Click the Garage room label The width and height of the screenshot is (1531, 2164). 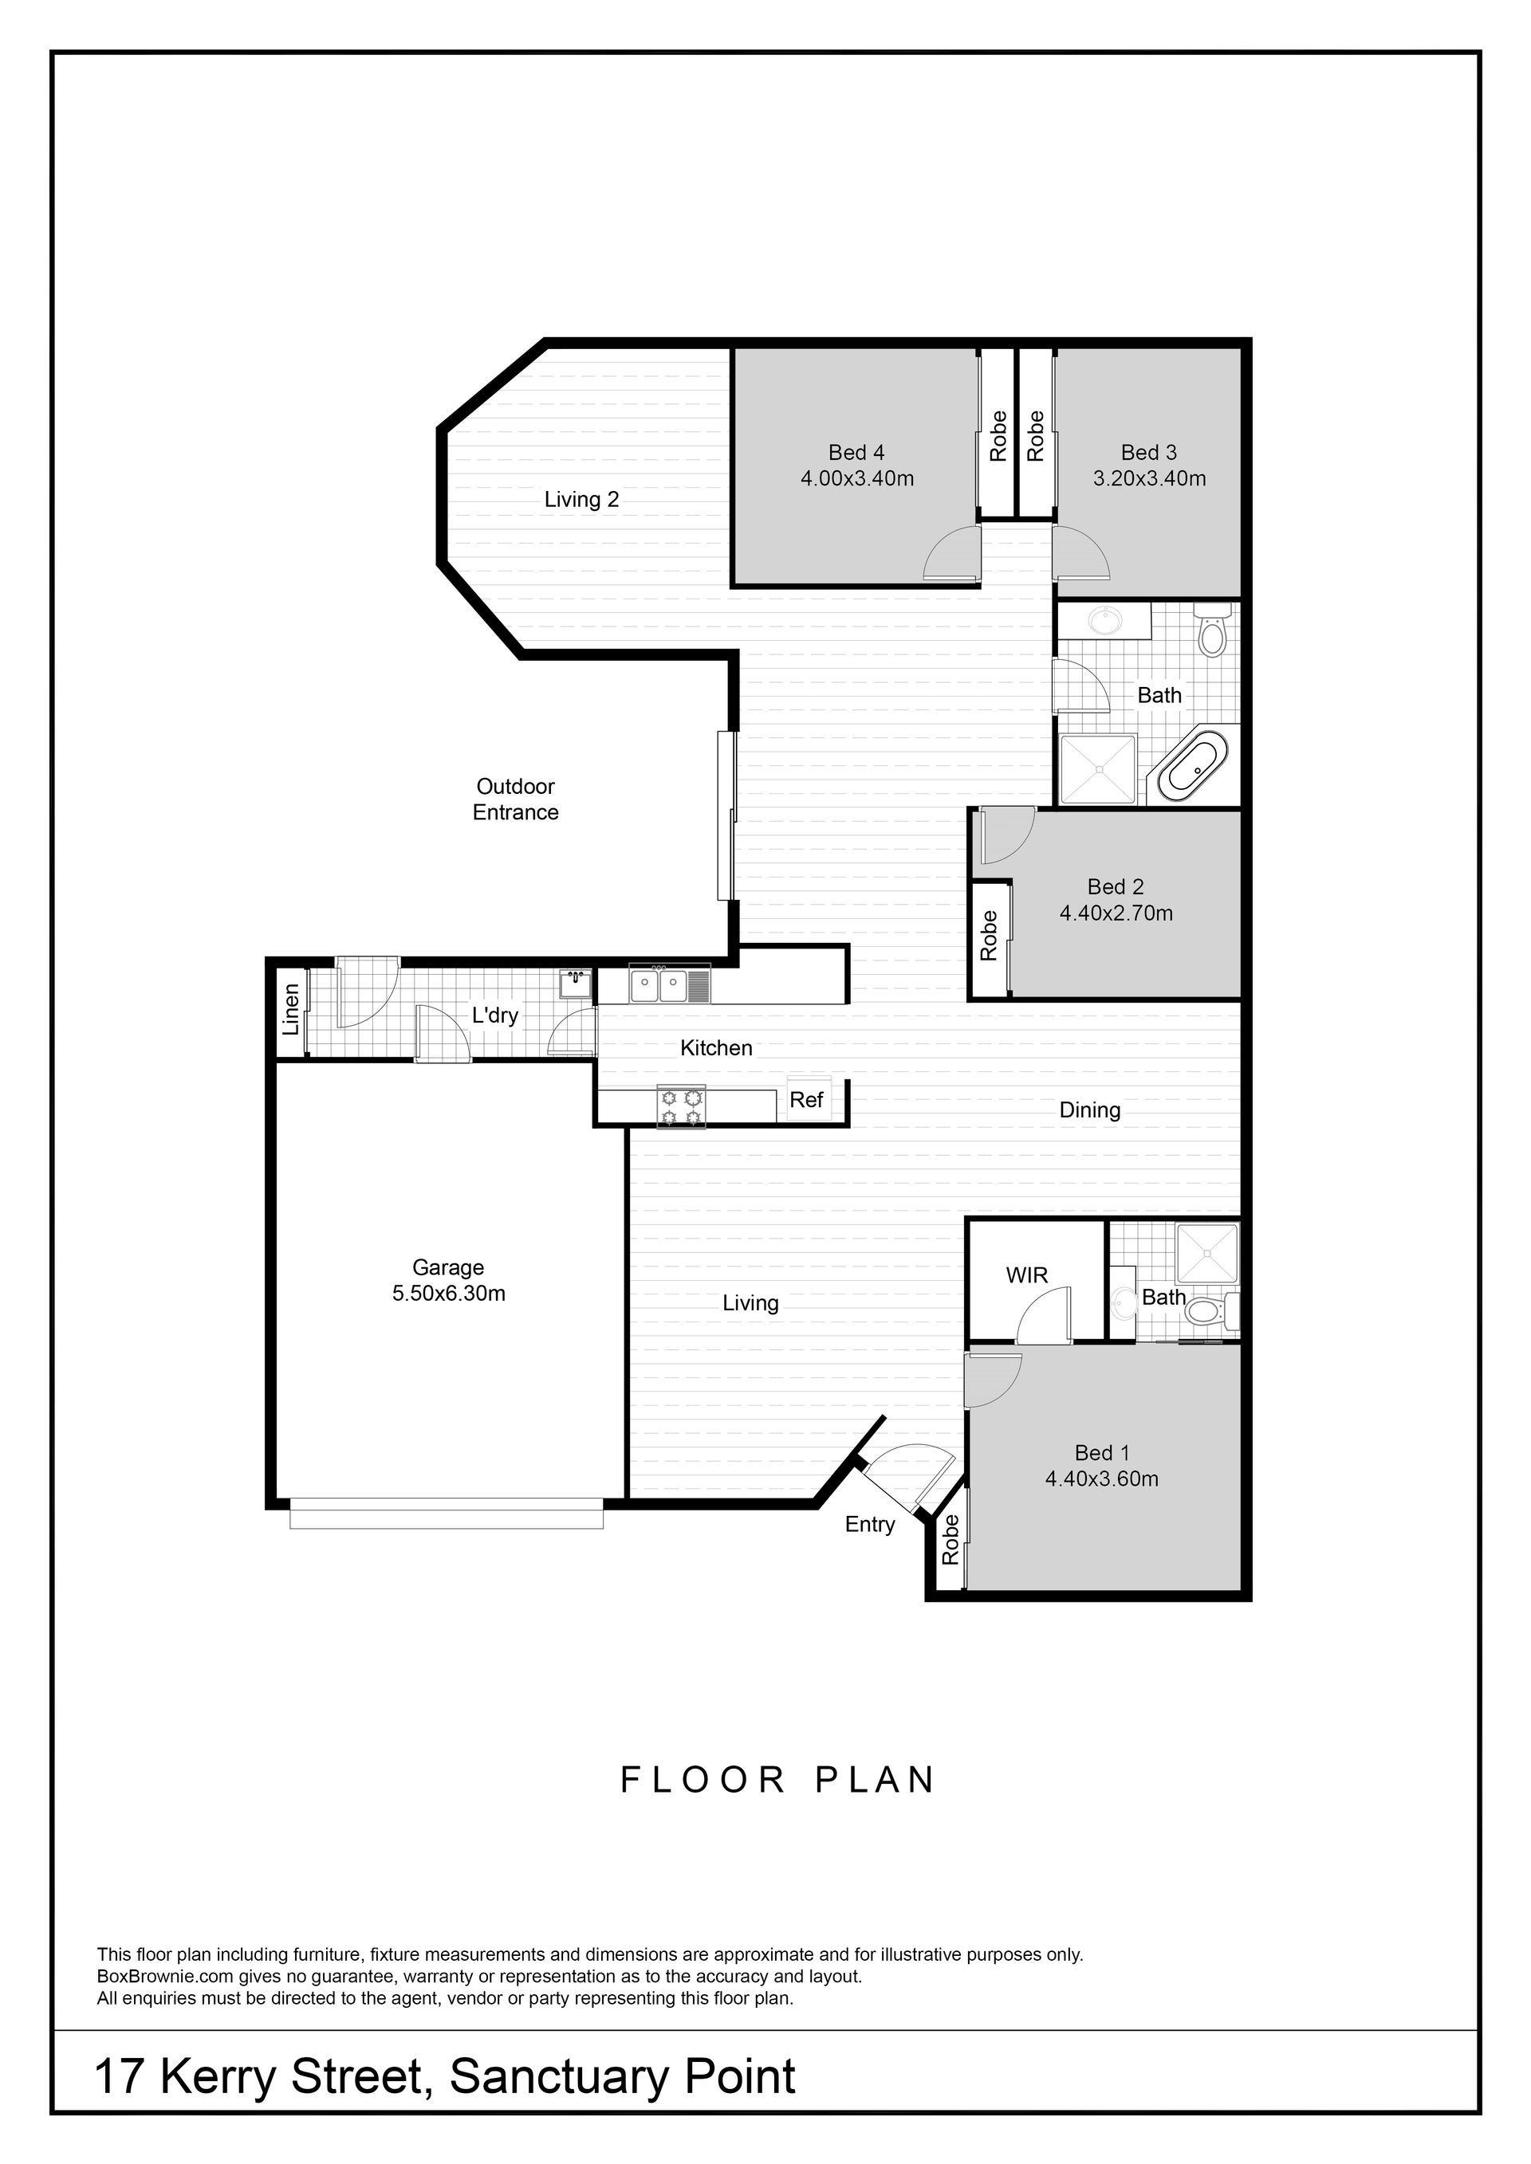coord(448,1267)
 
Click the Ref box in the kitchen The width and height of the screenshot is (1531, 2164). coord(807,1099)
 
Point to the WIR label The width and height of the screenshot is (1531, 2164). coord(1026,1275)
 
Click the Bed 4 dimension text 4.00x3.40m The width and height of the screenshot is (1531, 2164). coord(857,478)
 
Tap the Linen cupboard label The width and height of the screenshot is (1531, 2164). coord(291,1009)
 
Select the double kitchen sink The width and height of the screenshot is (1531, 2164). coord(658,987)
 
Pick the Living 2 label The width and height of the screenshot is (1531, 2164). coord(581,500)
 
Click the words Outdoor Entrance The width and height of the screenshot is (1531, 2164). coord(516,799)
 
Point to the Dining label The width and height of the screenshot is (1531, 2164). coord(1090,1110)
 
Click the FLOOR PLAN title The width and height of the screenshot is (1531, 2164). coord(777,1781)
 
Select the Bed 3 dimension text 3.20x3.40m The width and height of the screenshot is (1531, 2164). coord(1149,478)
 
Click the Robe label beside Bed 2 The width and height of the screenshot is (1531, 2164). coord(989,935)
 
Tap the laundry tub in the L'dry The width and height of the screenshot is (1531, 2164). coord(574,984)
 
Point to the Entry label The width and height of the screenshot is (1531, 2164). coord(870,1525)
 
